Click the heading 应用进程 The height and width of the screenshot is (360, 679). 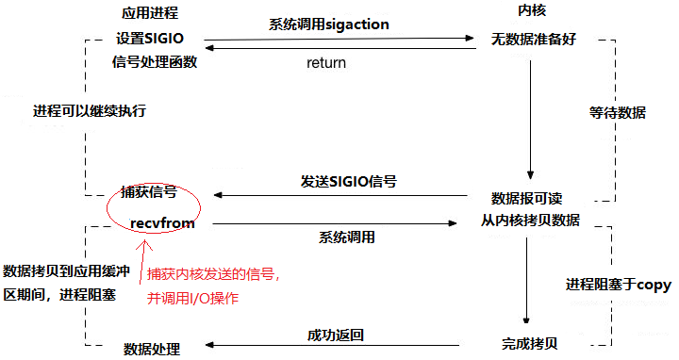pyautogui.click(x=150, y=14)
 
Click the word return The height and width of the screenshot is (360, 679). pyautogui.click(x=326, y=63)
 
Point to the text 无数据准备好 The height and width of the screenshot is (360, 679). pyautogui.click(x=532, y=41)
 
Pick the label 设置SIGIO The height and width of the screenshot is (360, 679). pyautogui.click(x=150, y=40)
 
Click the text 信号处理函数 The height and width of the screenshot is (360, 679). pyautogui.click(x=154, y=63)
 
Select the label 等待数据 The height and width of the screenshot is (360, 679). pyautogui.click(x=618, y=112)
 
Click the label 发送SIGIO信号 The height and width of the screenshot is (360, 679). pyautogui.click(x=349, y=181)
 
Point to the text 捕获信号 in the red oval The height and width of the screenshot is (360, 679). pyautogui.click(x=149, y=191)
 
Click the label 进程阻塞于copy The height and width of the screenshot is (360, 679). pyautogui.click(x=618, y=284)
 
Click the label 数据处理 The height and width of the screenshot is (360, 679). pyautogui.click(x=152, y=349)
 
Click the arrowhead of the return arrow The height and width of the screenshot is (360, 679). pyautogui.click(x=211, y=49)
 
